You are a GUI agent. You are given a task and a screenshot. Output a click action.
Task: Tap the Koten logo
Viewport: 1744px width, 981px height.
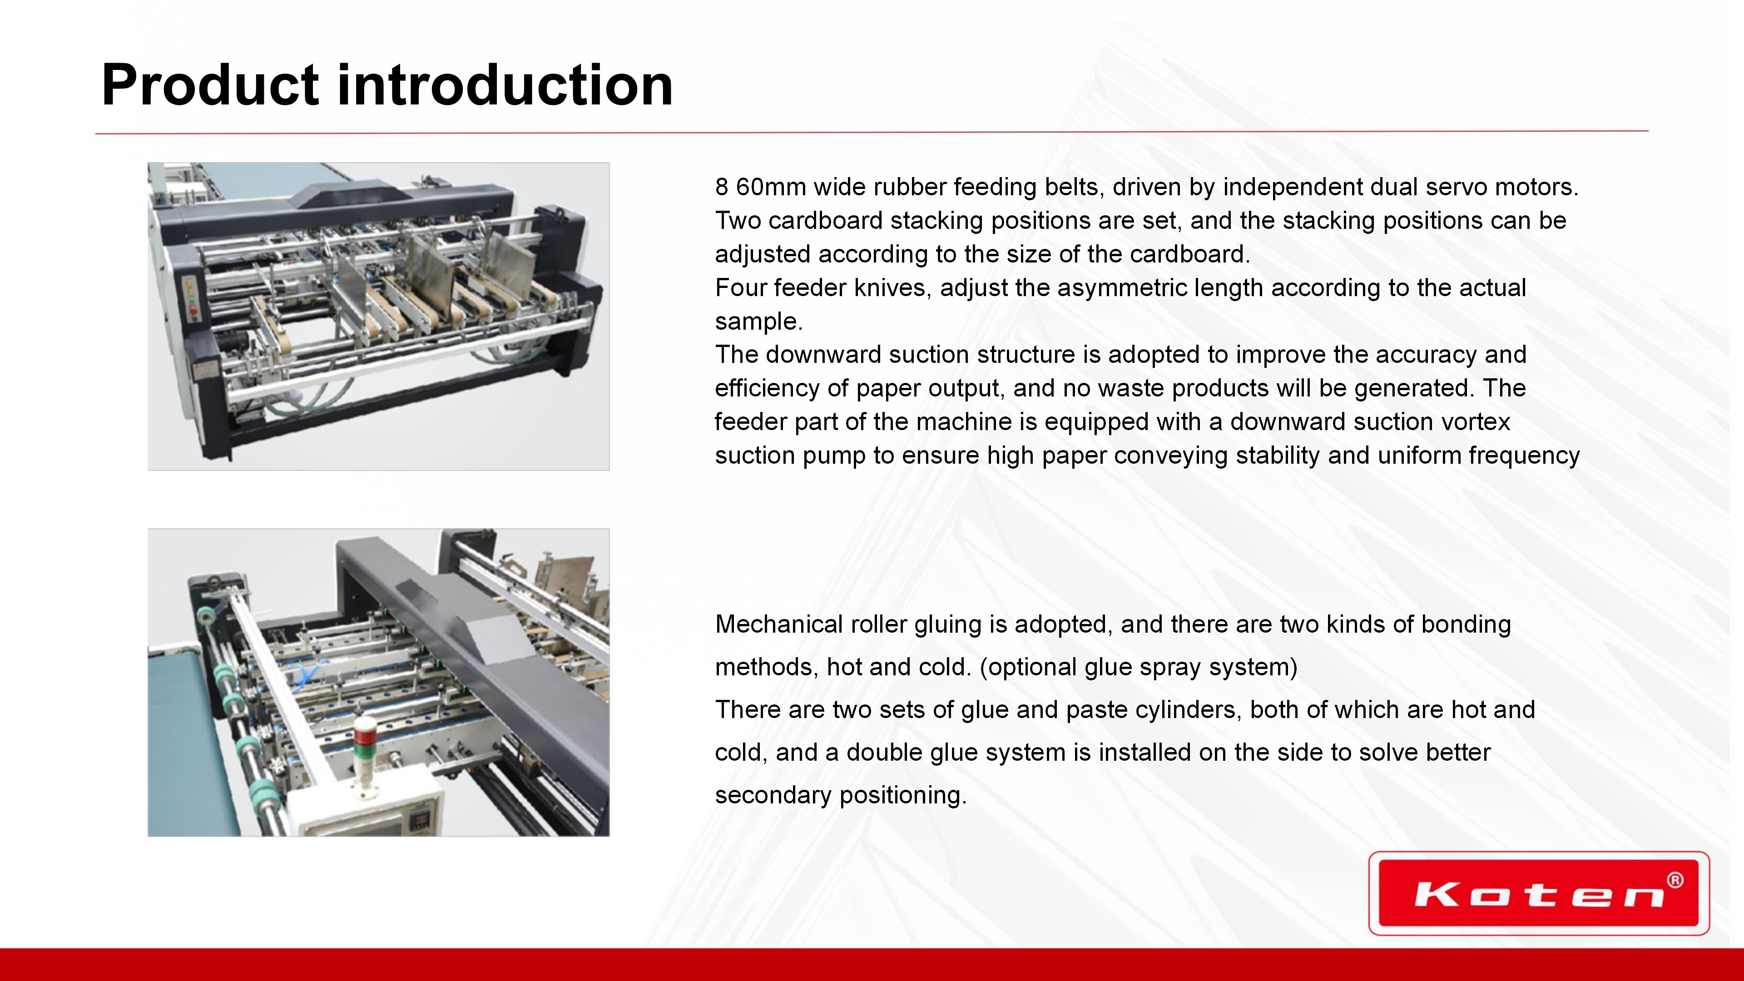[1539, 893]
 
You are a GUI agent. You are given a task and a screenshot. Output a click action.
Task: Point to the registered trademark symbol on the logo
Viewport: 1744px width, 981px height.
[1675, 880]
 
